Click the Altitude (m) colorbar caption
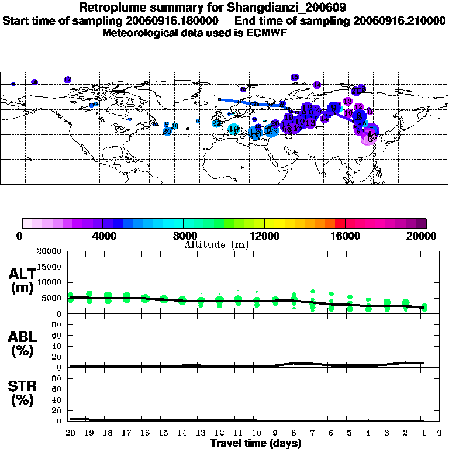pyautogui.click(x=216, y=244)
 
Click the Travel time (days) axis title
pyautogui.click(x=255, y=444)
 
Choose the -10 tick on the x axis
pyautogui.click(x=255, y=433)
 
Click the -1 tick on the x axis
pyautogui.click(x=423, y=433)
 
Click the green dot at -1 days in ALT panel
pyautogui.click(x=424, y=307)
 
